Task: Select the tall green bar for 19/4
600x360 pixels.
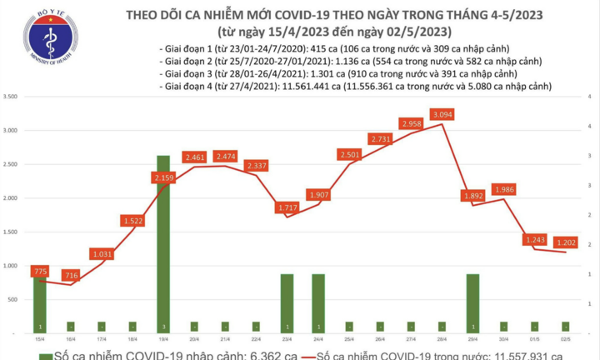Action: pyautogui.click(x=163, y=242)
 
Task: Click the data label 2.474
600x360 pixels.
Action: pyautogui.click(x=225, y=157)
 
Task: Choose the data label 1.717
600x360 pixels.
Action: pyautogui.click(x=287, y=206)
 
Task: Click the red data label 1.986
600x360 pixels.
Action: pyautogui.click(x=503, y=190)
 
